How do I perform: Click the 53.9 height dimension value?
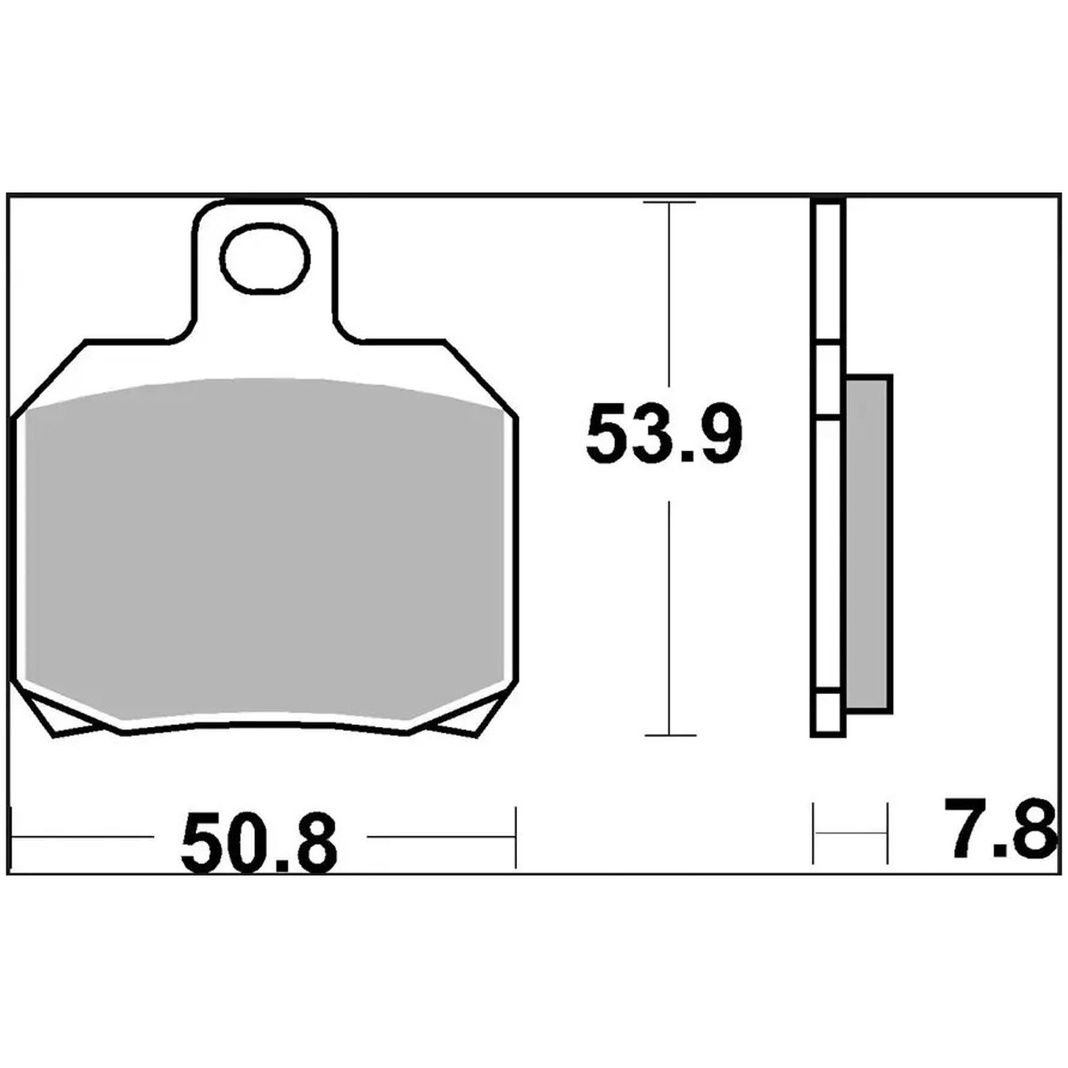coord(664,434)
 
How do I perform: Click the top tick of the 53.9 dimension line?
coord(669,203)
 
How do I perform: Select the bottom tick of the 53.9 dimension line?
coord(669,735)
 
